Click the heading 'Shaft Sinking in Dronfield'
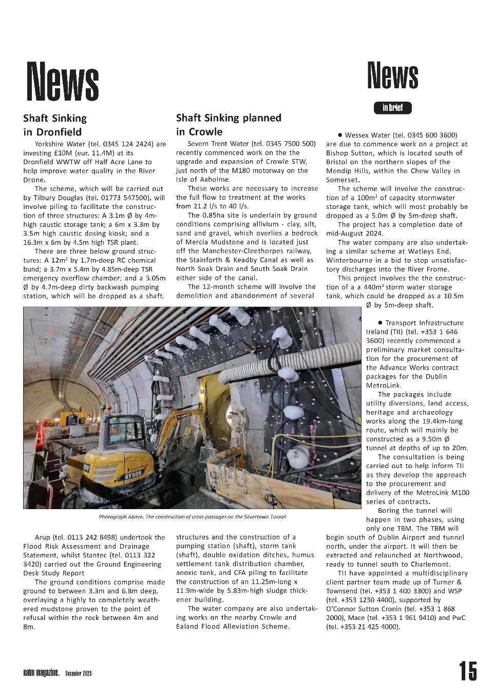pos(55,125)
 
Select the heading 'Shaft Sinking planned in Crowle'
pos(229,124)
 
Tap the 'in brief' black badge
pos(392,108)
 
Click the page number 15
pos(467,671)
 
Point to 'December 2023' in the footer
pos(78,673)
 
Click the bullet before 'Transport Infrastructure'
pos(380,323)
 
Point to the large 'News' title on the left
pos(63,81)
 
